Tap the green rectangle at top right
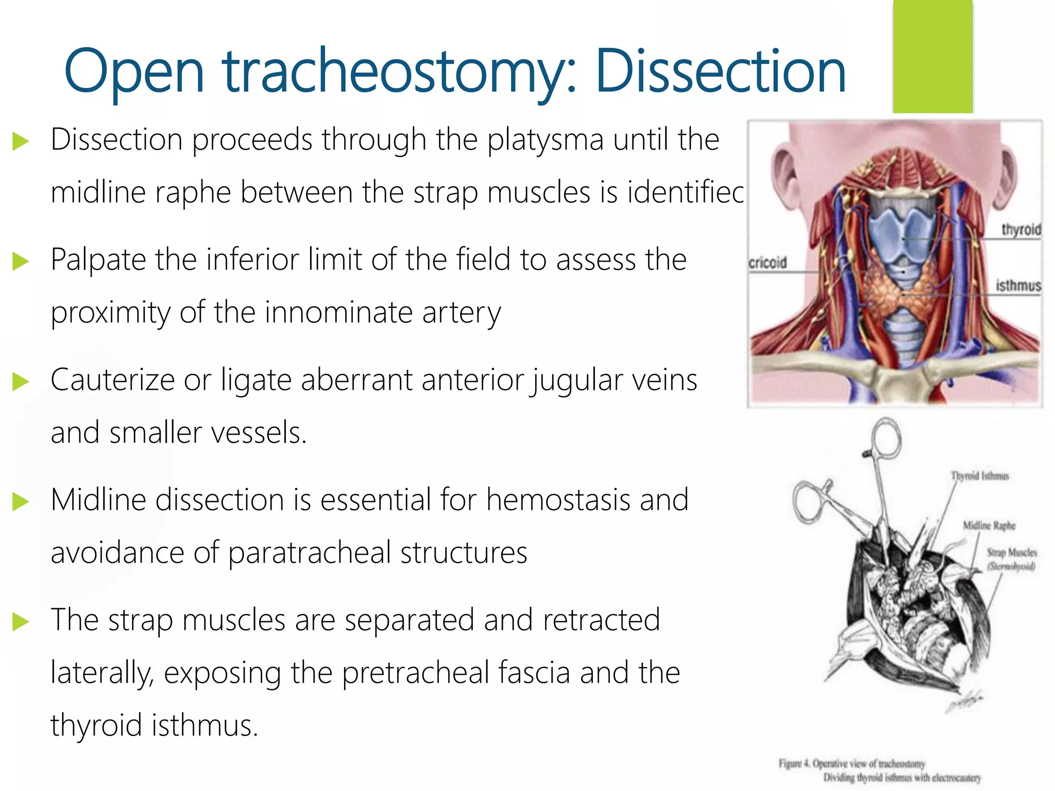click(x=932, y=57)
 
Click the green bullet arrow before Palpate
click(x=21, y=261)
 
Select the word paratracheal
click(x=309, y=554)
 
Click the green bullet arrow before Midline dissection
click(x=21, y=501)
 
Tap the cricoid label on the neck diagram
click(x=768, y=263)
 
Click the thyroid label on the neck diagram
click(x=1021, y=230)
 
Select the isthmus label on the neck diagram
click(x=1018, y=285)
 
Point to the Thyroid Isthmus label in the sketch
click(x=979, y=476)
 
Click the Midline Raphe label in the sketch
click(x=989, y=525)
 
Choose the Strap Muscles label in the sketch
click(x=1011, y=553)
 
